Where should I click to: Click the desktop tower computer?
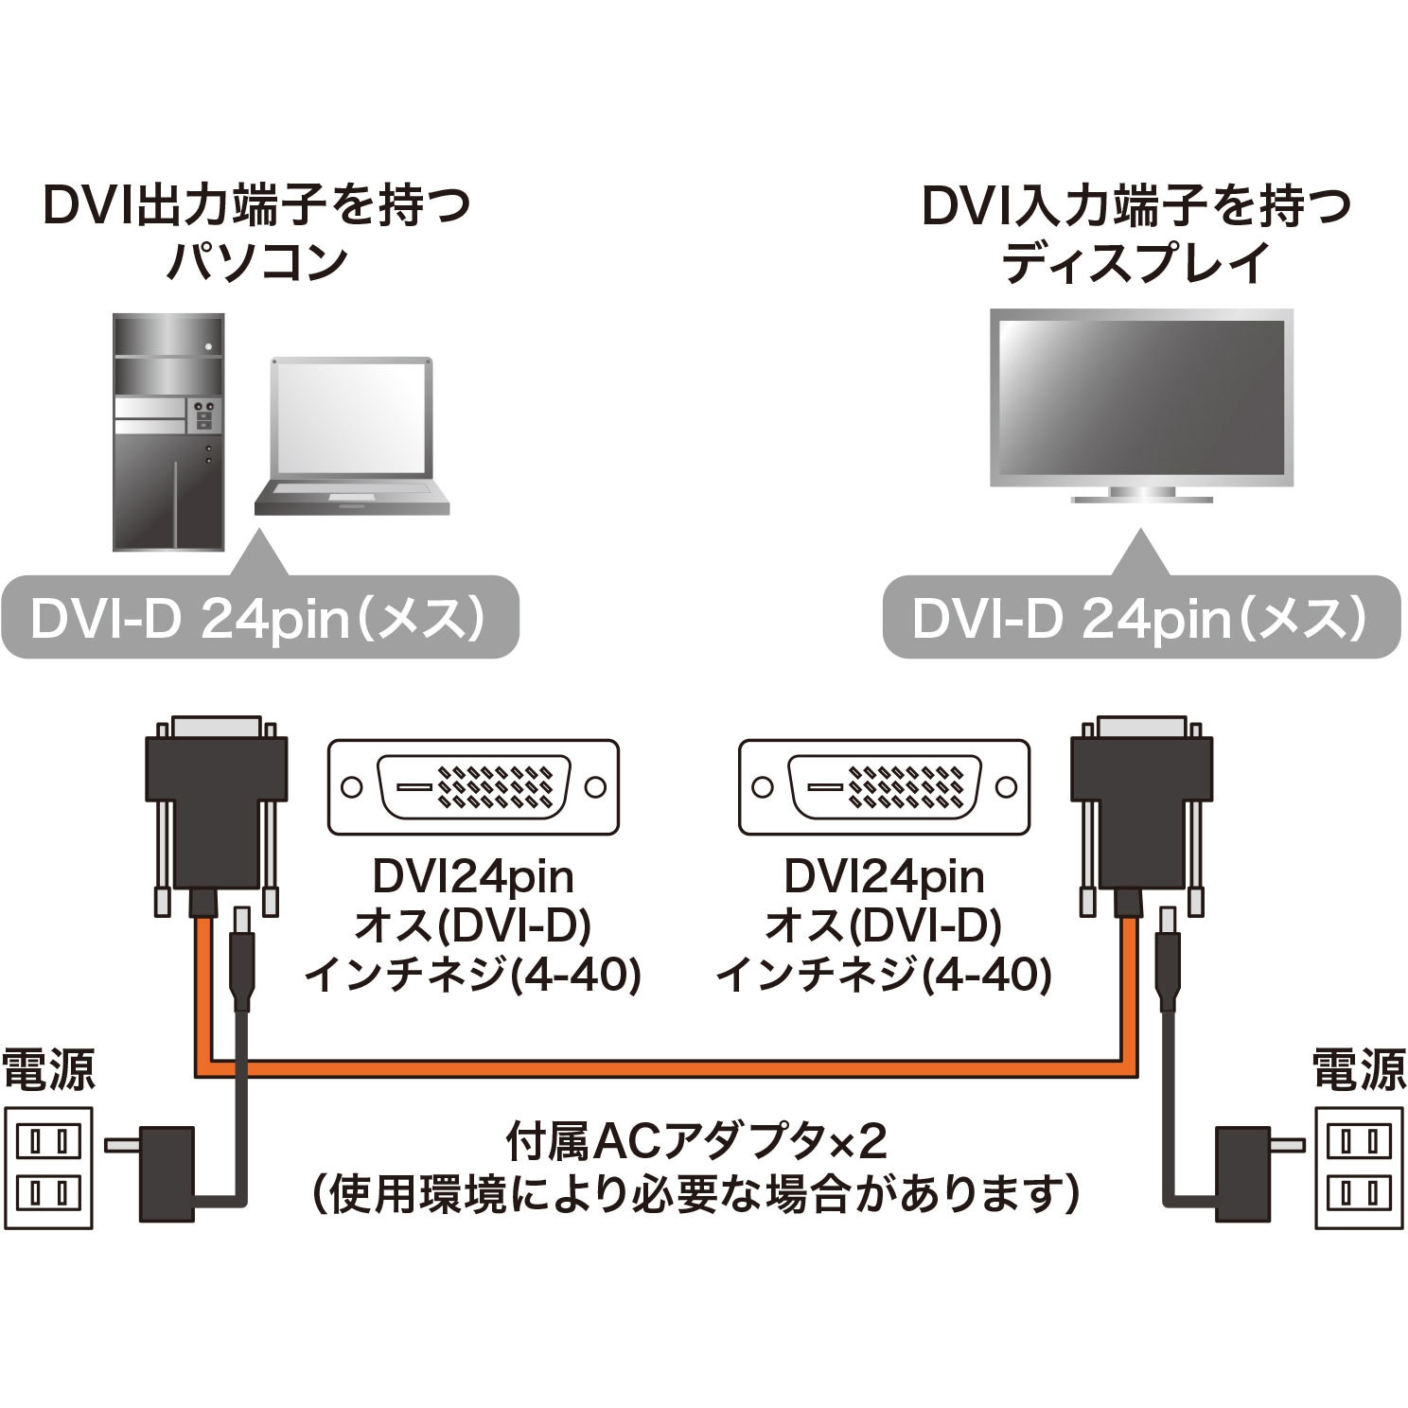pyautogui.click(x=168, y=432)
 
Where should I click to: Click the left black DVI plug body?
pyautogui.click(x=216, y=804)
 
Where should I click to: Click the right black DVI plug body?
pyautogui.click(x=1142, y=804)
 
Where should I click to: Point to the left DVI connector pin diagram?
pyautogui.click(x=473, y=787)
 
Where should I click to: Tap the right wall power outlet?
pyautogui.click(x=1358, y=1168)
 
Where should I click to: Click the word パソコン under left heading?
pyautogui.click(x=256, y=262)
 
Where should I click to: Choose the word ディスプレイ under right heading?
pyautogui.click(x=1135, y=262)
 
